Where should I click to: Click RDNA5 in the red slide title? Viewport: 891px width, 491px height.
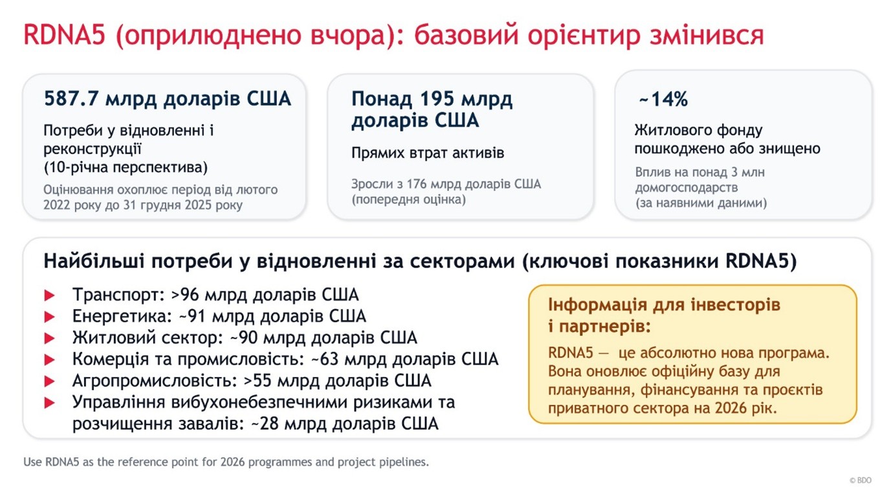[x=65, y=34]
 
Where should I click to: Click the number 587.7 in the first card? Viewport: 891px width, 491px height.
[x=71, y=98]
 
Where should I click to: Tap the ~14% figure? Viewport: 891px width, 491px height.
[x=663, y=99]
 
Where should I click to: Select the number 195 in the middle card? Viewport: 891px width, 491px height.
[x=437, y=98]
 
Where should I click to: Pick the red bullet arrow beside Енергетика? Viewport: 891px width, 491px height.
[x=49, y=317]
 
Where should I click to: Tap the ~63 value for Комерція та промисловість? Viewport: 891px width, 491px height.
[x=325, y=360]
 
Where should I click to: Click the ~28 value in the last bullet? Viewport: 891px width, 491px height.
[x=265, y=424]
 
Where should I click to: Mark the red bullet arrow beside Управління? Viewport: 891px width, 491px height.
[x=49, y=403]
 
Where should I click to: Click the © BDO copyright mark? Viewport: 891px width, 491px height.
[x=861, y=481]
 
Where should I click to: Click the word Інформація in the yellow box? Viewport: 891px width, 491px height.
[x=597, y=304]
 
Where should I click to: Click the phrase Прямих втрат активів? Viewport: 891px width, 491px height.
[x=428, y=153]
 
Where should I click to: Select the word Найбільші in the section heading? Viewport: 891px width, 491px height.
[x=94, y=262]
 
